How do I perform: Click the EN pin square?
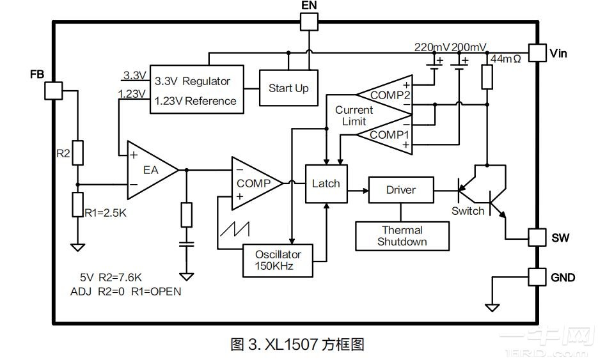coord(309,21)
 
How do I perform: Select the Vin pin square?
coord(536,53)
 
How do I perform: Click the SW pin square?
coord(537,238)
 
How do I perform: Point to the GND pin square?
coord(537,277)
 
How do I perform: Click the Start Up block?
coord(288,88)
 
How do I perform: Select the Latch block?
coord(326,184)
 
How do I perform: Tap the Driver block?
coord(401,190)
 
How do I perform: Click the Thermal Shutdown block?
coord(402,236)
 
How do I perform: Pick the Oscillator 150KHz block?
coord(278,260)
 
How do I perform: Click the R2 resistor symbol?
coord(77,153)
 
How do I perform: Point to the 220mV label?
coord(432,47)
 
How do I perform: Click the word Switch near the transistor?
coord(468,211)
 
